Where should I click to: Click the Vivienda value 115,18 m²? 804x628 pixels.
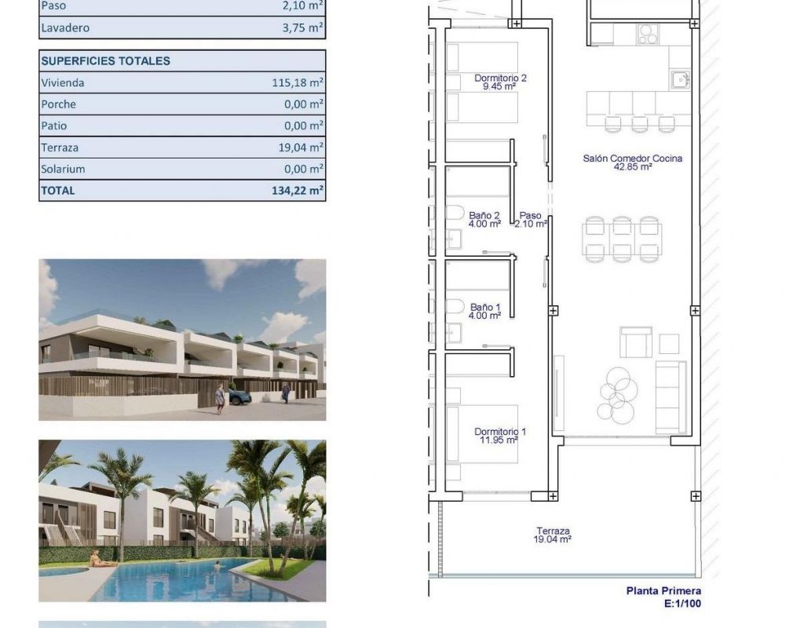298,82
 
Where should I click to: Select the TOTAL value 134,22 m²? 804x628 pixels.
298,190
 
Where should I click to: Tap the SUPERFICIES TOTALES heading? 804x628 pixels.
106,61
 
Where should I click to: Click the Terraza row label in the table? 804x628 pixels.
60,148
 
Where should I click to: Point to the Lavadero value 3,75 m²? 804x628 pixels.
302,27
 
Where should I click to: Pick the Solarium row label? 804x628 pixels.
63,170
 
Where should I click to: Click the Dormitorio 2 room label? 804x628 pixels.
500,82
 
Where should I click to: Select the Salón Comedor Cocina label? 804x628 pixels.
633,162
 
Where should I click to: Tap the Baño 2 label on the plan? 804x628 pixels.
484,220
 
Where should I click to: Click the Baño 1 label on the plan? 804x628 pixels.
485,311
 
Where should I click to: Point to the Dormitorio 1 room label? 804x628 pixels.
500,436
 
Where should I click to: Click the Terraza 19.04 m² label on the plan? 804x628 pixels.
553,535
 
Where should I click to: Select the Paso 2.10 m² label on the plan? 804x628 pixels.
530,220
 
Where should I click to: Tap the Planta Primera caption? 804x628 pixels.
663,590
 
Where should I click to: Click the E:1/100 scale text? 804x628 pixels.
682,604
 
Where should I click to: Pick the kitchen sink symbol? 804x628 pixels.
680,80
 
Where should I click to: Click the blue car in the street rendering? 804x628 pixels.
239,396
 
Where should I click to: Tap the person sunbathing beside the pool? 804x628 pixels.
98,559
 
